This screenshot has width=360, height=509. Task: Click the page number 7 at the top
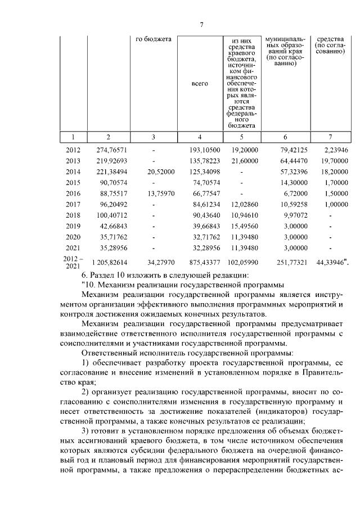click(201, 25)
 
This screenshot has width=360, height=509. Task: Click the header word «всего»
click(200, 83)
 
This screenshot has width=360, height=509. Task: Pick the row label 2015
click(73, 183)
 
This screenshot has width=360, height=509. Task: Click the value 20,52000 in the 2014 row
click(161, 172)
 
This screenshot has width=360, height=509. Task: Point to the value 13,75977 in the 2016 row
click(161, 193)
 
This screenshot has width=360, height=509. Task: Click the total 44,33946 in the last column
click(333, 262)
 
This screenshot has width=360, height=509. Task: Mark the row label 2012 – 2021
click(73, 262)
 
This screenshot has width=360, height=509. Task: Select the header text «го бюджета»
click(154, 39)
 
